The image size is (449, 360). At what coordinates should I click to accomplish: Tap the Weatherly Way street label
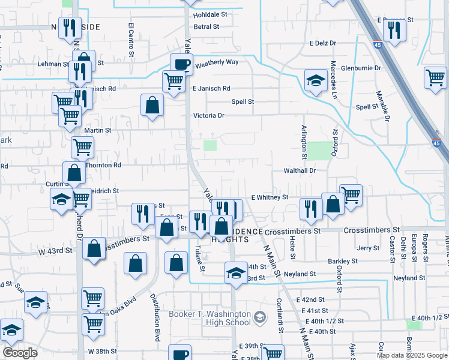tap(217, 62)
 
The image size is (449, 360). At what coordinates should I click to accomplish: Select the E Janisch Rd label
tap(211, 88)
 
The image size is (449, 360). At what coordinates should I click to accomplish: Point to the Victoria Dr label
tap(208, 116)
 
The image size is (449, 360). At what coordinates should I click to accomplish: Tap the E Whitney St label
tap(270, 197)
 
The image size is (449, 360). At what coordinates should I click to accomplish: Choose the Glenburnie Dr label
tap(361, 68)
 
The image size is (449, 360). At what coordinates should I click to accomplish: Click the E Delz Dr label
tap(323, 43)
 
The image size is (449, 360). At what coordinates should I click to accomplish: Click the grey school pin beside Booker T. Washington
tap(260, 316)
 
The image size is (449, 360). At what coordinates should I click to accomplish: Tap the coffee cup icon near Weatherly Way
tap(181, 64)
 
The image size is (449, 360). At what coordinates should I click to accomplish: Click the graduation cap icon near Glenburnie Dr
tap(316, 79)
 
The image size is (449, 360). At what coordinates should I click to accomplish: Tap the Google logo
tap(20, 353)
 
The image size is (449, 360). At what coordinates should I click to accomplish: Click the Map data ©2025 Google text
tap(412, 355)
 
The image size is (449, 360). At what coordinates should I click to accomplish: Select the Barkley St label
tap(343, 262)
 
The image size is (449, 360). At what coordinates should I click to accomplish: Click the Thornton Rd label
tap(103, 164)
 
